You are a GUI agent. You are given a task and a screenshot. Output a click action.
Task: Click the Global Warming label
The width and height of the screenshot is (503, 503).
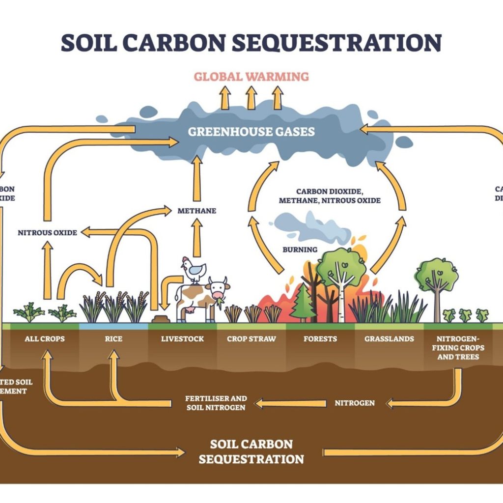[251, 77]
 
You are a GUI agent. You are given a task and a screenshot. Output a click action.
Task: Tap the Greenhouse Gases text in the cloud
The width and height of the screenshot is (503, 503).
[251, 132]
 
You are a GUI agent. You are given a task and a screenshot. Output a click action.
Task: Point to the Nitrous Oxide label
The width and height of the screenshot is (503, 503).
[47, 232]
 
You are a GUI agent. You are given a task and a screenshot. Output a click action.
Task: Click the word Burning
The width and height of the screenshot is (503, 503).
[300, 250]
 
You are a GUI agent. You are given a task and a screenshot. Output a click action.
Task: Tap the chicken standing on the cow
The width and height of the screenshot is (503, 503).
[193, 270]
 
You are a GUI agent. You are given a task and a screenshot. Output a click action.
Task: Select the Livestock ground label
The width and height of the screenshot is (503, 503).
[182, 339]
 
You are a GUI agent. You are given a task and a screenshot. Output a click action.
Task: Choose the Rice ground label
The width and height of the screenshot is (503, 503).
[113, 339]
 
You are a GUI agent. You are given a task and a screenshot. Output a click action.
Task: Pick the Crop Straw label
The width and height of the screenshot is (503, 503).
[251, 339]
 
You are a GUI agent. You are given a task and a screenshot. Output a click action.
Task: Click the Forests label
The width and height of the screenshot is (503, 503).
[320, 339]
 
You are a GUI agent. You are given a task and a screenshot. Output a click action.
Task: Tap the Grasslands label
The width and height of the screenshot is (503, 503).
[389, 339]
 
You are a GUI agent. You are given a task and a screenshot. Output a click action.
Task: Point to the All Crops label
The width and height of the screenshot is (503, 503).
[45, 339]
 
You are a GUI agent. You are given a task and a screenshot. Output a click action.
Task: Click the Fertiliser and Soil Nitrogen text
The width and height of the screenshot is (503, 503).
[216, 403]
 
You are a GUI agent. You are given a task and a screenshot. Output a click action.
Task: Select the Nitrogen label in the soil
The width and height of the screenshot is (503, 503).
[355, 403]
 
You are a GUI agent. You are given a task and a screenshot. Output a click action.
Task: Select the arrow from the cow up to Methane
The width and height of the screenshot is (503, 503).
[197, 238]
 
